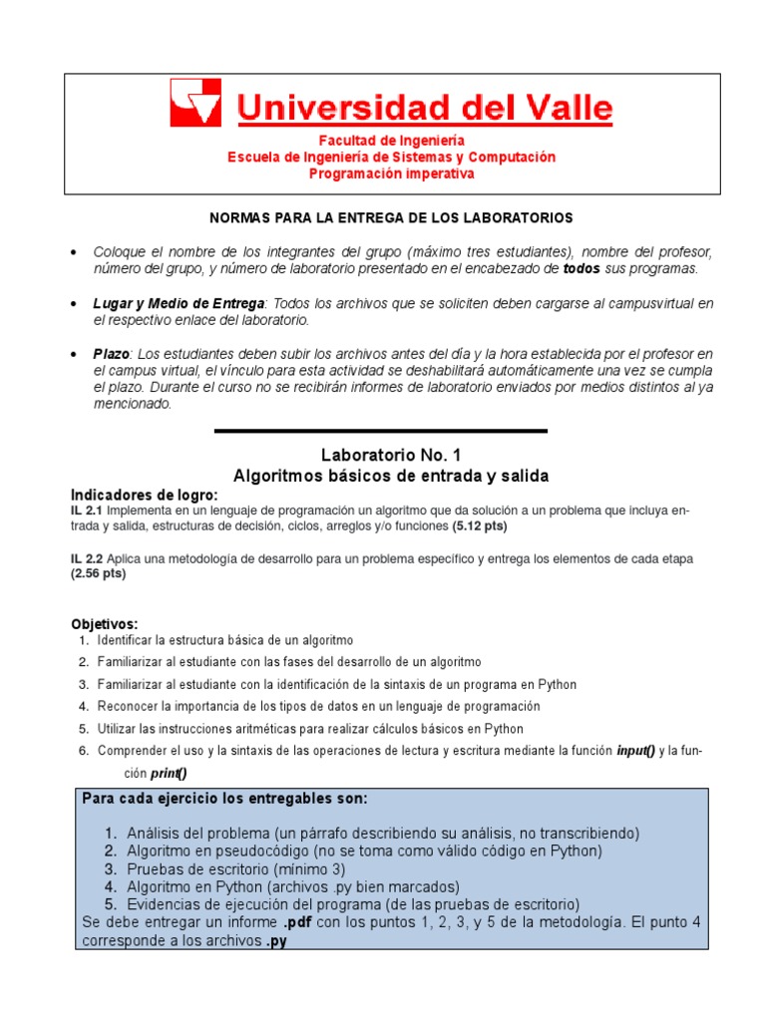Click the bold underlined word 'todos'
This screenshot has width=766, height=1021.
coord(582,268)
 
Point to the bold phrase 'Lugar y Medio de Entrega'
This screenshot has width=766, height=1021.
coord(180,303)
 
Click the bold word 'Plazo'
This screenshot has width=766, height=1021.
coord(112,354)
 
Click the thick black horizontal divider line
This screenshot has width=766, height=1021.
coord(381,431)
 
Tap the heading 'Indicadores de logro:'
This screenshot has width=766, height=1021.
coord(144,496)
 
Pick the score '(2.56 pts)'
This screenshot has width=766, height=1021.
coord(99,573)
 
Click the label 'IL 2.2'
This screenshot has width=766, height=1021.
coord(86,558)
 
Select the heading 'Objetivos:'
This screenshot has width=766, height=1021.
coord(104,623)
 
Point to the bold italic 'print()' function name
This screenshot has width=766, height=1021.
coord(169,773)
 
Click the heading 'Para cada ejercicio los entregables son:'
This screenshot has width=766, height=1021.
coord(224,799)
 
